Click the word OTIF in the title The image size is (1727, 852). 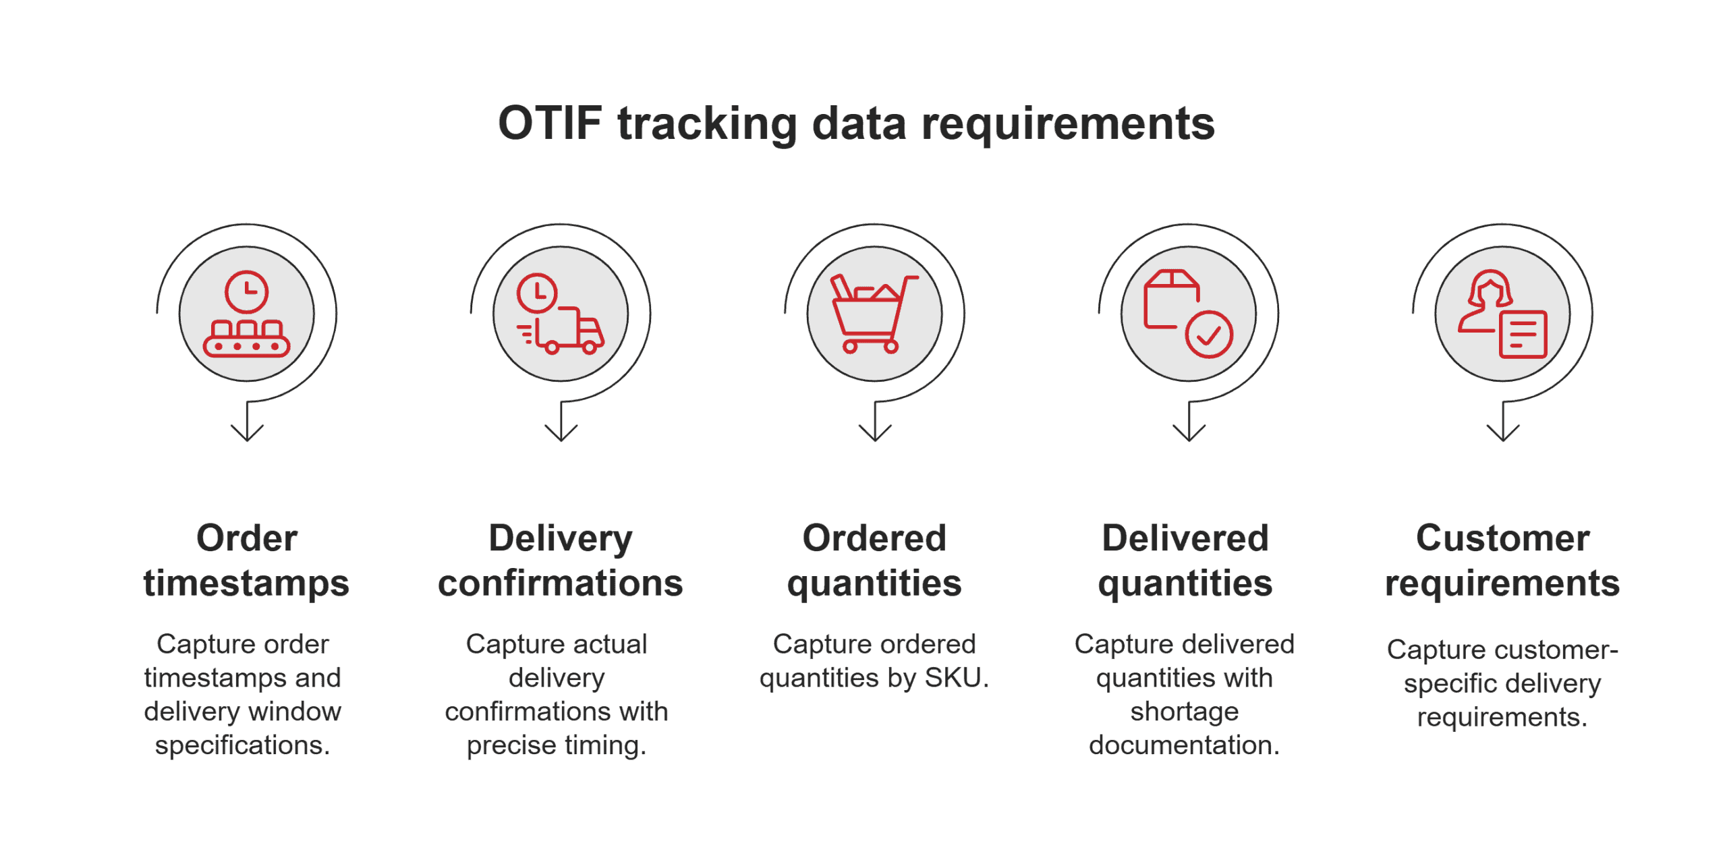click(549, 123)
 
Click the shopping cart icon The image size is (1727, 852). click(874, 314)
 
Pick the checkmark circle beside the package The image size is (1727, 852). click(1209, 334)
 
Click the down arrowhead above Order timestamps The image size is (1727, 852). click(247, 433)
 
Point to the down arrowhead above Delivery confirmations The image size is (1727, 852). click(561, 433)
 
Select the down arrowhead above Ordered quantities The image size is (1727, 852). click(875, 433)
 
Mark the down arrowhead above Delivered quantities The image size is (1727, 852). click(1189, 433)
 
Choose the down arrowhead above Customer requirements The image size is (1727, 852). click(1503, 433)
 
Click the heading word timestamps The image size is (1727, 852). click(246, 583)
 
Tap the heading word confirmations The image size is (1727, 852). click(560, 583)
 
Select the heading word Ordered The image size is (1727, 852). click(874, 538)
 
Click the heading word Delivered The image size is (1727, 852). click(1185, 538)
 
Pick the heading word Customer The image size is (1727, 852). click(1502, 538)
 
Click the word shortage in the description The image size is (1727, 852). click(1185, 711)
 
